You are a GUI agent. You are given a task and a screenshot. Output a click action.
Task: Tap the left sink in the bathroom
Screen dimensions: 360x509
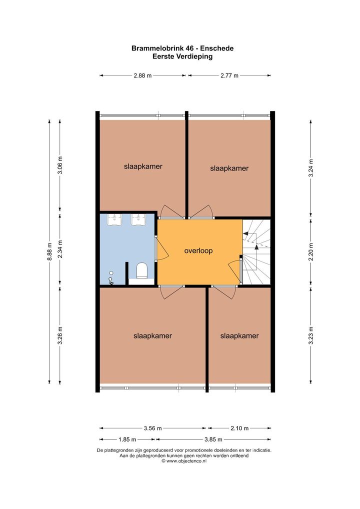pyautogui.click(x=114, y=220)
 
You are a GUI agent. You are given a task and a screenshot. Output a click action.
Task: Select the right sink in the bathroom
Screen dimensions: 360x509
pyautogui.click(x=138, y=220)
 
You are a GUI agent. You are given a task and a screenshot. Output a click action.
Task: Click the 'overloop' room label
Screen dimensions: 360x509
pyautogui.click(x=198, y=250)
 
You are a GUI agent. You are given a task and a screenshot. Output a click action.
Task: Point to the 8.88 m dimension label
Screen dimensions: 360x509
pyautogui.click(x=49, y=251)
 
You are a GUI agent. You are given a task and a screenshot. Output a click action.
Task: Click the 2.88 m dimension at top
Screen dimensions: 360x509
pyautogui.click(x=142, y=75)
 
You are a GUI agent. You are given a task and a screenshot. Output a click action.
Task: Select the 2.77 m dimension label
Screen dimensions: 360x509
pyautogui.click(x=229, y=75)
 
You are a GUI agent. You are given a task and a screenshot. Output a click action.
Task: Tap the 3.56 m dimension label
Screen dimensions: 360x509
pyautogui.click(x=152, y=428)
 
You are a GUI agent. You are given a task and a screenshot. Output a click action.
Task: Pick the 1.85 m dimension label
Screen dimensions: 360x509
pyautogui.click(x=127, y=439)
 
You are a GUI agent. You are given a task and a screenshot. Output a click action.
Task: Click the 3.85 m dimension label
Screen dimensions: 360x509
pyautogui.click(x=213, y=439)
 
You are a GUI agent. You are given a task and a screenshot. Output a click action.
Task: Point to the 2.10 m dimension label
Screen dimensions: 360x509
pyautogui.click(x=239, y=428)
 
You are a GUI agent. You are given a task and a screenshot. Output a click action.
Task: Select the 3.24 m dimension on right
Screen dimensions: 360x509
pyautogui.click(x=310, y=168)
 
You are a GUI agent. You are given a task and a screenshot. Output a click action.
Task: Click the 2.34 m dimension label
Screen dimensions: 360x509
pyautogui.click(x=59, y=249)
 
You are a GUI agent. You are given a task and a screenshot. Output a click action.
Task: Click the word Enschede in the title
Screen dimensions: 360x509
pyautogui.click(x=217, y=48)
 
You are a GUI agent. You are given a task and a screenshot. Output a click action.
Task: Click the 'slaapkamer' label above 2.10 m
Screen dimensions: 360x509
pyautogui.click(x=239, y=336)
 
